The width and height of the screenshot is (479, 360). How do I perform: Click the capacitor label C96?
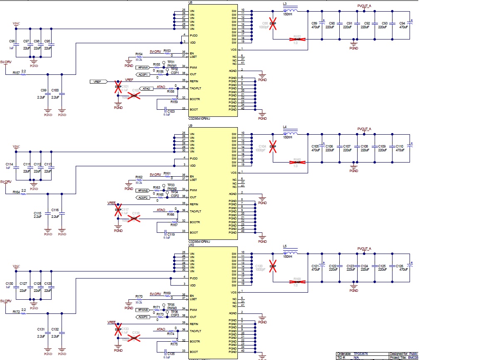(12, 42)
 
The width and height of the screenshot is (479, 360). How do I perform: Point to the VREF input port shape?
(99, 81)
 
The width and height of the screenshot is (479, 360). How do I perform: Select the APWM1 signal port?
(143, 67)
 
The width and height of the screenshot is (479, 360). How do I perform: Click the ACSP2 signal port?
(143, 197)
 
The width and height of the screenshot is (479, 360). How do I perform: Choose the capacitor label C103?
(171, 111)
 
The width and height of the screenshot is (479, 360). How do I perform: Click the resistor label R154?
(139, 54)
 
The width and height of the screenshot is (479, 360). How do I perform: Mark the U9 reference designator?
(190, 125)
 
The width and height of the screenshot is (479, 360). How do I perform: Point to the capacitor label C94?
(402, 23)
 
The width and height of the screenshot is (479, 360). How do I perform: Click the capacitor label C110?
(400, 146)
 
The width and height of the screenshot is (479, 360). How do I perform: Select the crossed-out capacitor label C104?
(262, 146)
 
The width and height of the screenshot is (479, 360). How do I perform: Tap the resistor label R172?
(16, 311)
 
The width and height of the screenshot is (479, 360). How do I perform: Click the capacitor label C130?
(9, 284)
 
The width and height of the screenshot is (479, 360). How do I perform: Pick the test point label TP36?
(174, 312)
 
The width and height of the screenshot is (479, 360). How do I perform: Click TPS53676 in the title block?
(362, 354)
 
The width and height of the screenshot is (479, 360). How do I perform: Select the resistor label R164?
(16, 192)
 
